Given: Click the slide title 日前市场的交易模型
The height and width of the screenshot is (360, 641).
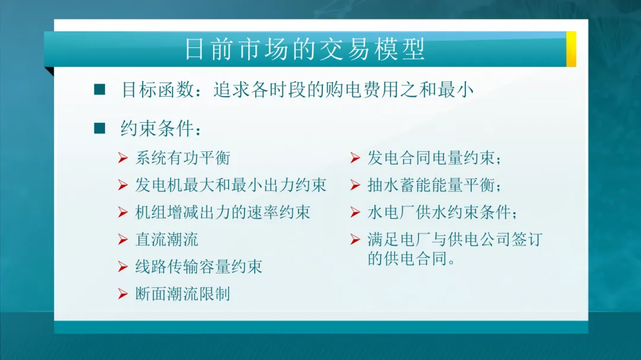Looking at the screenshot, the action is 305,49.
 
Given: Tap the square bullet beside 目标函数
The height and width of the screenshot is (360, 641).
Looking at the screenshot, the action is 99,90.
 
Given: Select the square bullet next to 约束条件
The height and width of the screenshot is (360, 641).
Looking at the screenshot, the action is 99,128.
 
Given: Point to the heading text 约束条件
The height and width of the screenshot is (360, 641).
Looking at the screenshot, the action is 157,129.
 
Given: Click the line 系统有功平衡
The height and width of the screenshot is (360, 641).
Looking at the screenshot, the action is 183,158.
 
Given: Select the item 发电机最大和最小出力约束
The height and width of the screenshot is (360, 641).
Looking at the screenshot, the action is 231,185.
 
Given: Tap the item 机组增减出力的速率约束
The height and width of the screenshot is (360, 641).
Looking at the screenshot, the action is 223,212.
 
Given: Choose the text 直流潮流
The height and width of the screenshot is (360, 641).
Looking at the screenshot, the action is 167,240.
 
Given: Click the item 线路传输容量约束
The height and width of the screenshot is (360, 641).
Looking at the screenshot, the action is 199,267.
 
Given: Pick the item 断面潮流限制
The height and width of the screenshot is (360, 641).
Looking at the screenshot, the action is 183,294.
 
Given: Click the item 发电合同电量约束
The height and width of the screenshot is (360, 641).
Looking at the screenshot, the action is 431,158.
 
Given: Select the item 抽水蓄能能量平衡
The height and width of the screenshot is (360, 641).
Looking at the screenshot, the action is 431,185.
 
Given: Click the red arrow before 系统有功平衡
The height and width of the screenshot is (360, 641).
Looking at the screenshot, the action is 123,158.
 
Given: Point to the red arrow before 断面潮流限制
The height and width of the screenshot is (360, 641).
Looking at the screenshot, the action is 123,294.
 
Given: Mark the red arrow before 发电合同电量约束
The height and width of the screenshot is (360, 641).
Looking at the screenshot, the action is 356,158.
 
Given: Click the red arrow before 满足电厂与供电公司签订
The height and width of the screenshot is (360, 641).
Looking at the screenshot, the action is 356,239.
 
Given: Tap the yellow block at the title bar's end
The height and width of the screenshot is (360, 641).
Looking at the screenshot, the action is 571,49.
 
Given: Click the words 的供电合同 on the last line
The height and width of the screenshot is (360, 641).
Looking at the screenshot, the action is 407,259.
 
